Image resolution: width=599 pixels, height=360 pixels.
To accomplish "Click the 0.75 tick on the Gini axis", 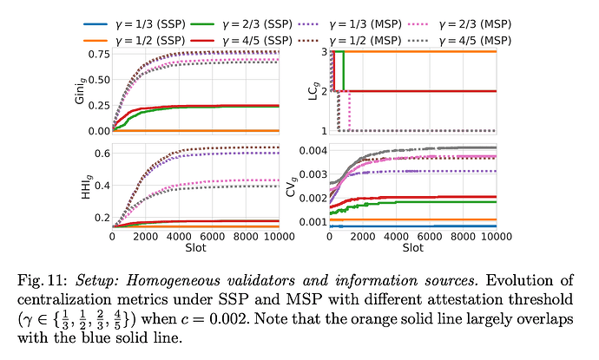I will (x=98, y=53).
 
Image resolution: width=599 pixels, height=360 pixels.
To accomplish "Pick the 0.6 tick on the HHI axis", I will (x=102, y=153).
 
